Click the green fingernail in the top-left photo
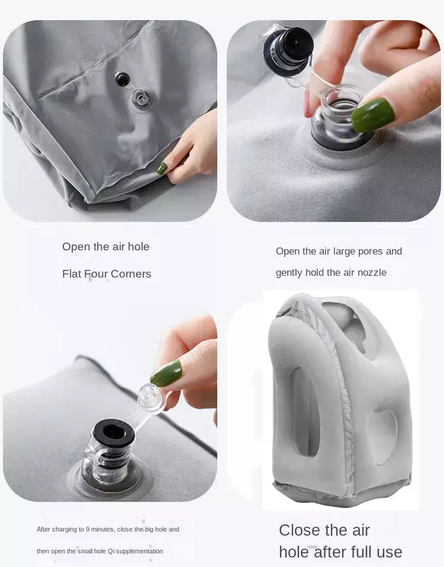pyautogui.click(x=162, y=167)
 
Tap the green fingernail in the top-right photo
pyautogui.click(x=373, y=114)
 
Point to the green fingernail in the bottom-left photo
pyautogui.click(x=166, y=373)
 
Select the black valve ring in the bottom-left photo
pyautogui.click(x=114, y=433)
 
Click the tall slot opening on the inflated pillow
pyautogui.click(x=306, y=412)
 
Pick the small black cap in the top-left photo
pyautogui.click(x=123, y=79)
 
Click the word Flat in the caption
pyautogui.click(x=72, y=274)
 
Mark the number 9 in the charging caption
pyautogui.click(x=88, y=529)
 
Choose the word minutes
pyautogui.click(x=102, y=529)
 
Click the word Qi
pyautogui.click(x=111, y=551)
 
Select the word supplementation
pyautogui.click(x=140, y=552)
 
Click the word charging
pyautogui.click(x=65, y=529)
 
